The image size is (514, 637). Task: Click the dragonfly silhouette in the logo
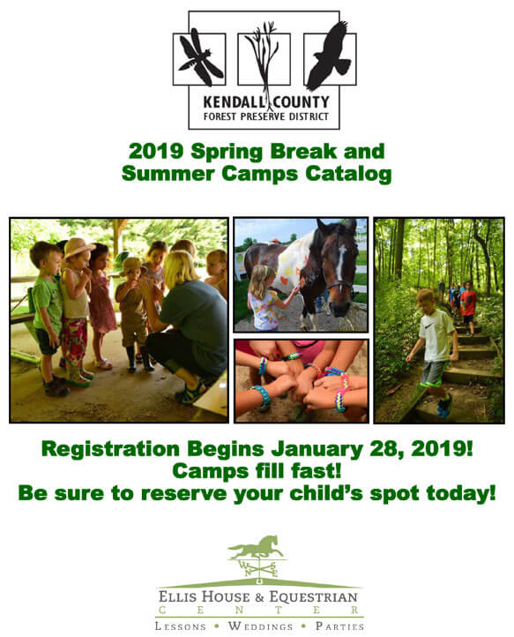pyautogui.click(x=200, y=57)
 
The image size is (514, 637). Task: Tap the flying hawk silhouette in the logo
pyautogui.click(x=330, y=56)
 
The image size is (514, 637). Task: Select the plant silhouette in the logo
pyautogui.click(x=264, y=61)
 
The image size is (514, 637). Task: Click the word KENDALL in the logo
pyautogui.click(x=234, y=102)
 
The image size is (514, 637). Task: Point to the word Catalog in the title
pyautogui.click(x=348, y=174)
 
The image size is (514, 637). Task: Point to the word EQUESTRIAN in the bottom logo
pyautogui.click(x=314, y=596)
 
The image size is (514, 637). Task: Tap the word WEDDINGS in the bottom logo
pyautogui.click(x=260, y=626)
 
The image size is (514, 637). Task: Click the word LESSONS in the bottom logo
pyautogui.click(x=180, y=626)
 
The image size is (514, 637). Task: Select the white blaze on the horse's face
pyautogui.click(x=341, y=261)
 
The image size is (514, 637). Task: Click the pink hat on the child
pyautogui.click(x=77, y=247)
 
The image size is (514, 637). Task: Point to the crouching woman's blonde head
pyautogui.click(x=180, y=268)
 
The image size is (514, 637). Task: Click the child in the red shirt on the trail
pyautogui.click(x=468, y=308)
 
